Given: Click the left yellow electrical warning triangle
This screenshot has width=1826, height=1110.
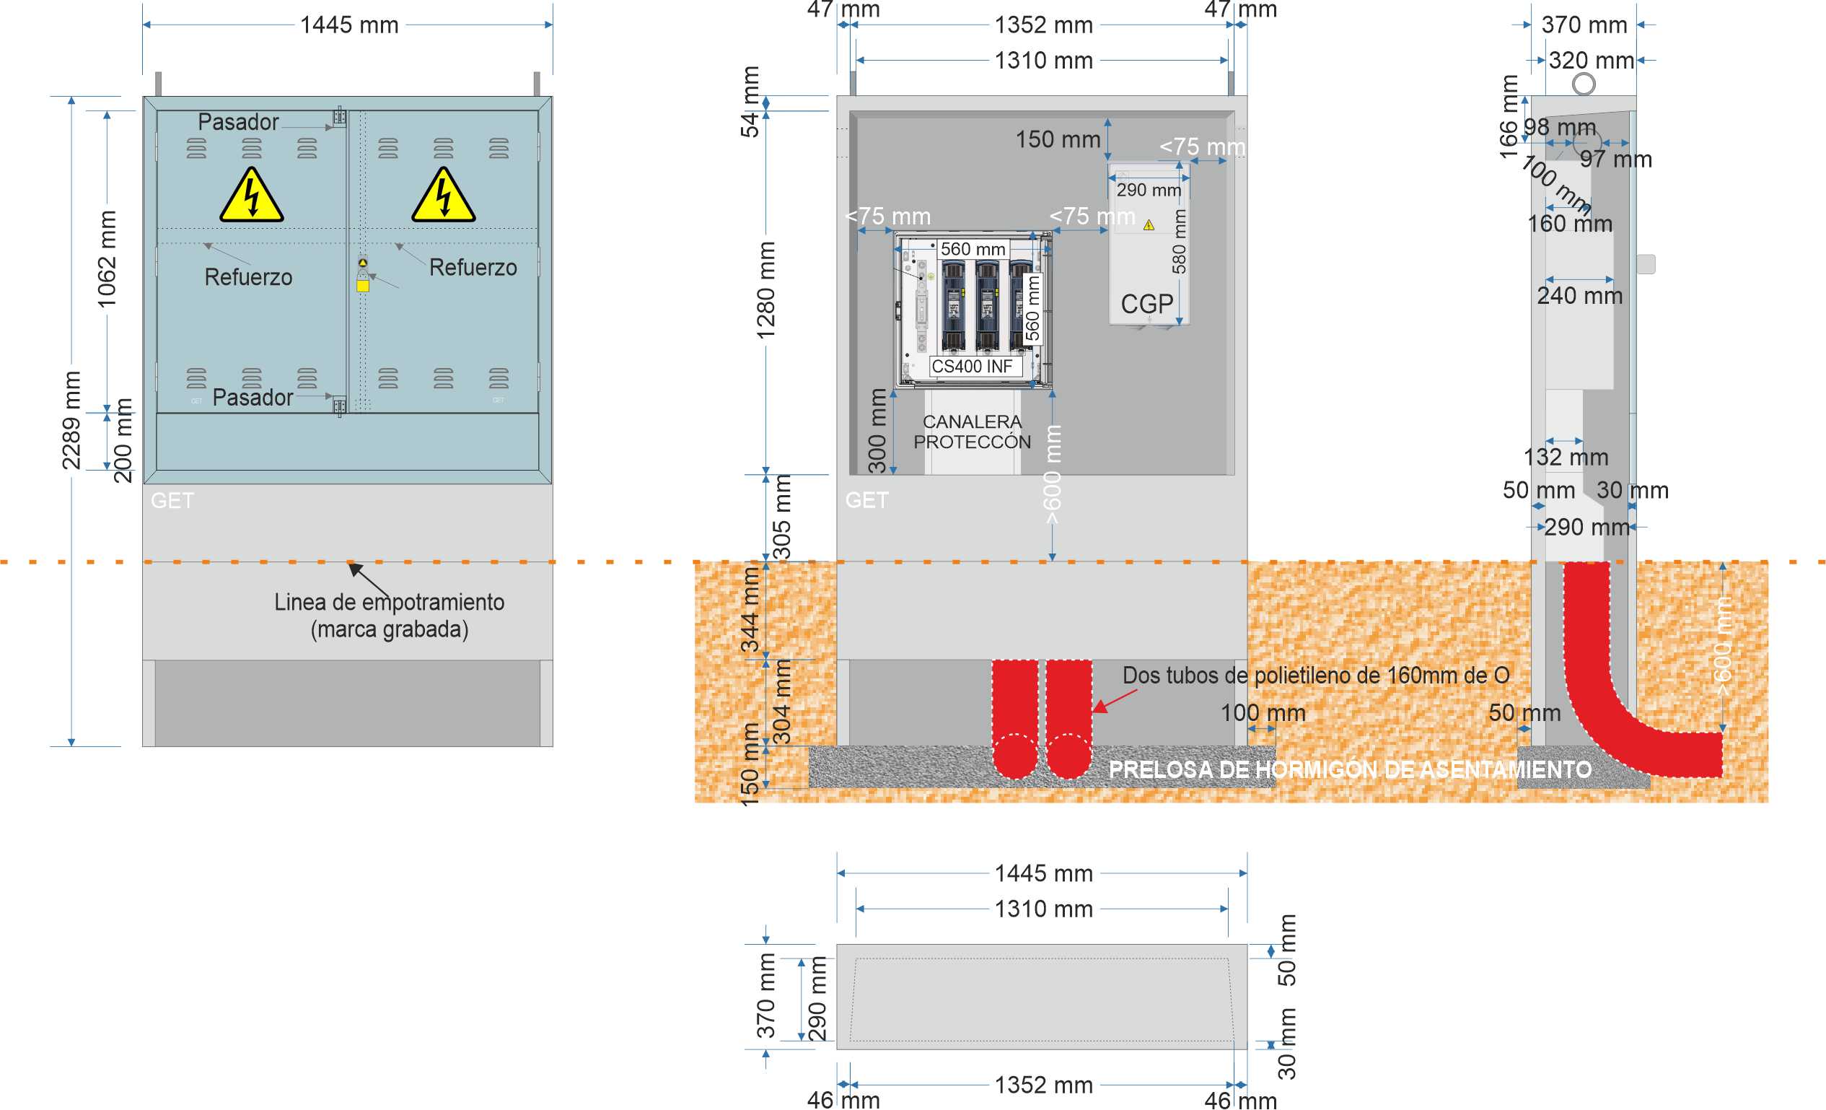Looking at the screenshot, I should (x=251, y=196).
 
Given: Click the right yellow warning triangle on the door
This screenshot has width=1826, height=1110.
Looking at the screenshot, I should (x=443, y=196).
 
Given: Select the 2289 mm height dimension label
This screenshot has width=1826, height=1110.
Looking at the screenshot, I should (x=71, y=421).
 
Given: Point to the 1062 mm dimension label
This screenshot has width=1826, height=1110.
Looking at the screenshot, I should (x=107, y=259).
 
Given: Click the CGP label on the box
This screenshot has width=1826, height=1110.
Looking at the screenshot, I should (x=1146, y=304).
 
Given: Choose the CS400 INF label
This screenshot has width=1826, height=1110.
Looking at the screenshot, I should (x=972, y=367).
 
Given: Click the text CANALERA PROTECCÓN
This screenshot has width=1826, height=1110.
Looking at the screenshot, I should (x=972, y=432).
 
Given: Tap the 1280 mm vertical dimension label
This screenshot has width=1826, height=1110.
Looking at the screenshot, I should (x=765, y=291).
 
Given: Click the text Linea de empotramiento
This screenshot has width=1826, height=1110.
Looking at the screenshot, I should (x=389, y=602).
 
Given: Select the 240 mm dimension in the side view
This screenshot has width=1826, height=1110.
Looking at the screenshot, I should (x=1579, y=296).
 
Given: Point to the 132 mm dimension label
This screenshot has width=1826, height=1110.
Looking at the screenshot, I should (x=1565, y=458).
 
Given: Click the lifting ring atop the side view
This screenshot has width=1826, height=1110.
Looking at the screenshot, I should (x=1584, y=84).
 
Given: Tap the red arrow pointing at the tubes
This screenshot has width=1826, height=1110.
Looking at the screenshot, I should (x=1115, y=701).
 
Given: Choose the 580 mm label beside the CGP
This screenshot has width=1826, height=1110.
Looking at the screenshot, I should (x=1178, y=241).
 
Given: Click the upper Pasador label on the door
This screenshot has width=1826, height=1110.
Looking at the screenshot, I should (x=238, y=121).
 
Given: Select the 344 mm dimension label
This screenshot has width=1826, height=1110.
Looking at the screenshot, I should (x=751, y=610).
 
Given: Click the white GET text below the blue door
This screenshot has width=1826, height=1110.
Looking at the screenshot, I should (x=172, y=500).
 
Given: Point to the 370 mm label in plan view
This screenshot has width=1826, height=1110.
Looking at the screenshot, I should (x=765, y=996).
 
